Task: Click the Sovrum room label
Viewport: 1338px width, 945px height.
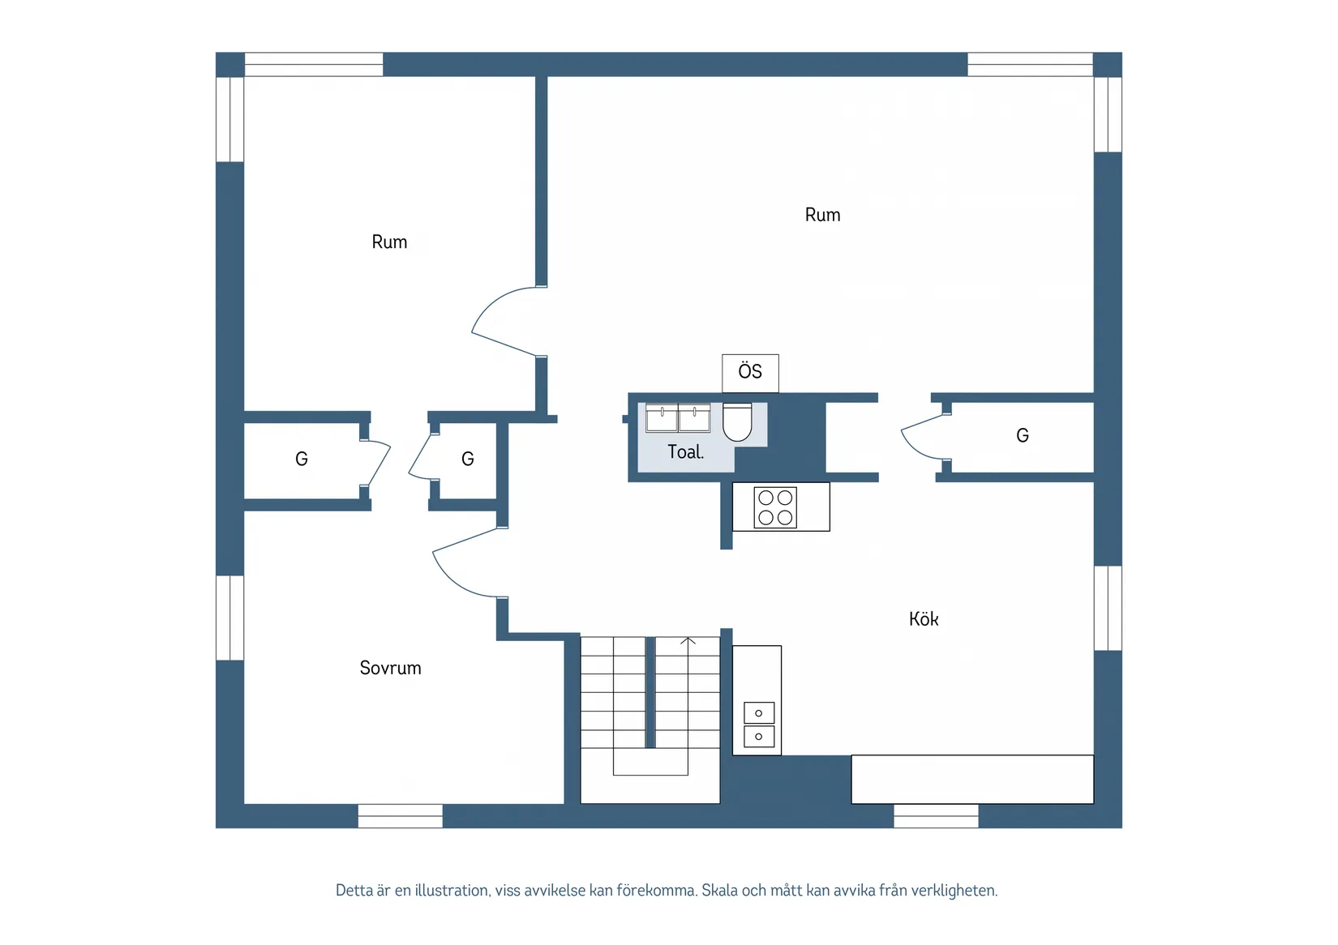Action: point(390,667)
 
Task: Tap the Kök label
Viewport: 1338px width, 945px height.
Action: point(924,619)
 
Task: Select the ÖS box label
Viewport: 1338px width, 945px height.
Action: point(750,370)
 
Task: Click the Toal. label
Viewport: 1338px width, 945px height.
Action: point(686,452)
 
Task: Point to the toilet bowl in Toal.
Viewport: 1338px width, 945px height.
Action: point(737,422)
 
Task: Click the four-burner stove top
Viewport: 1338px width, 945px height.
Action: point(775,507)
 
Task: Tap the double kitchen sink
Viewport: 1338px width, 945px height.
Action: point(758,725)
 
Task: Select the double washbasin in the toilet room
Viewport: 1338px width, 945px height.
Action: point(678,417)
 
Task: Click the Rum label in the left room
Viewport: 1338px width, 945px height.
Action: point(389,242)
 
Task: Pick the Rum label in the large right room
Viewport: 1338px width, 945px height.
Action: point(822,215)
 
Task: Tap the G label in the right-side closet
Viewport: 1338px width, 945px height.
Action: point(1023,435)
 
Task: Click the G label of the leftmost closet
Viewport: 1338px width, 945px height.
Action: point(302,459)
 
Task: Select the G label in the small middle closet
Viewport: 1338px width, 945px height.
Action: point(468,459)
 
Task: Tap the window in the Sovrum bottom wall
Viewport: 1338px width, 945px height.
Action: point(401,815)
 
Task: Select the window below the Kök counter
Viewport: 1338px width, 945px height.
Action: point(936,815)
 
